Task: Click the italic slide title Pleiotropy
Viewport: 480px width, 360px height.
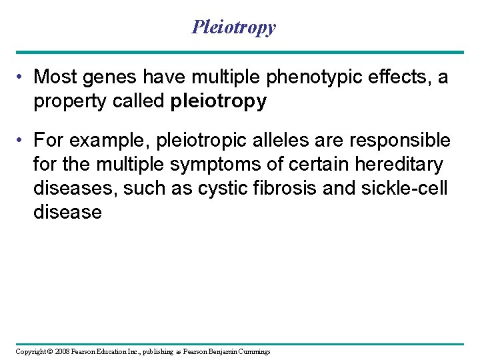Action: (x=233, y=27)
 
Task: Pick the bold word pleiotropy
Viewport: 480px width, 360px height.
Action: (x=219, y=101)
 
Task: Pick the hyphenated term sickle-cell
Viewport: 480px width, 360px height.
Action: (x=404, y=189)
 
